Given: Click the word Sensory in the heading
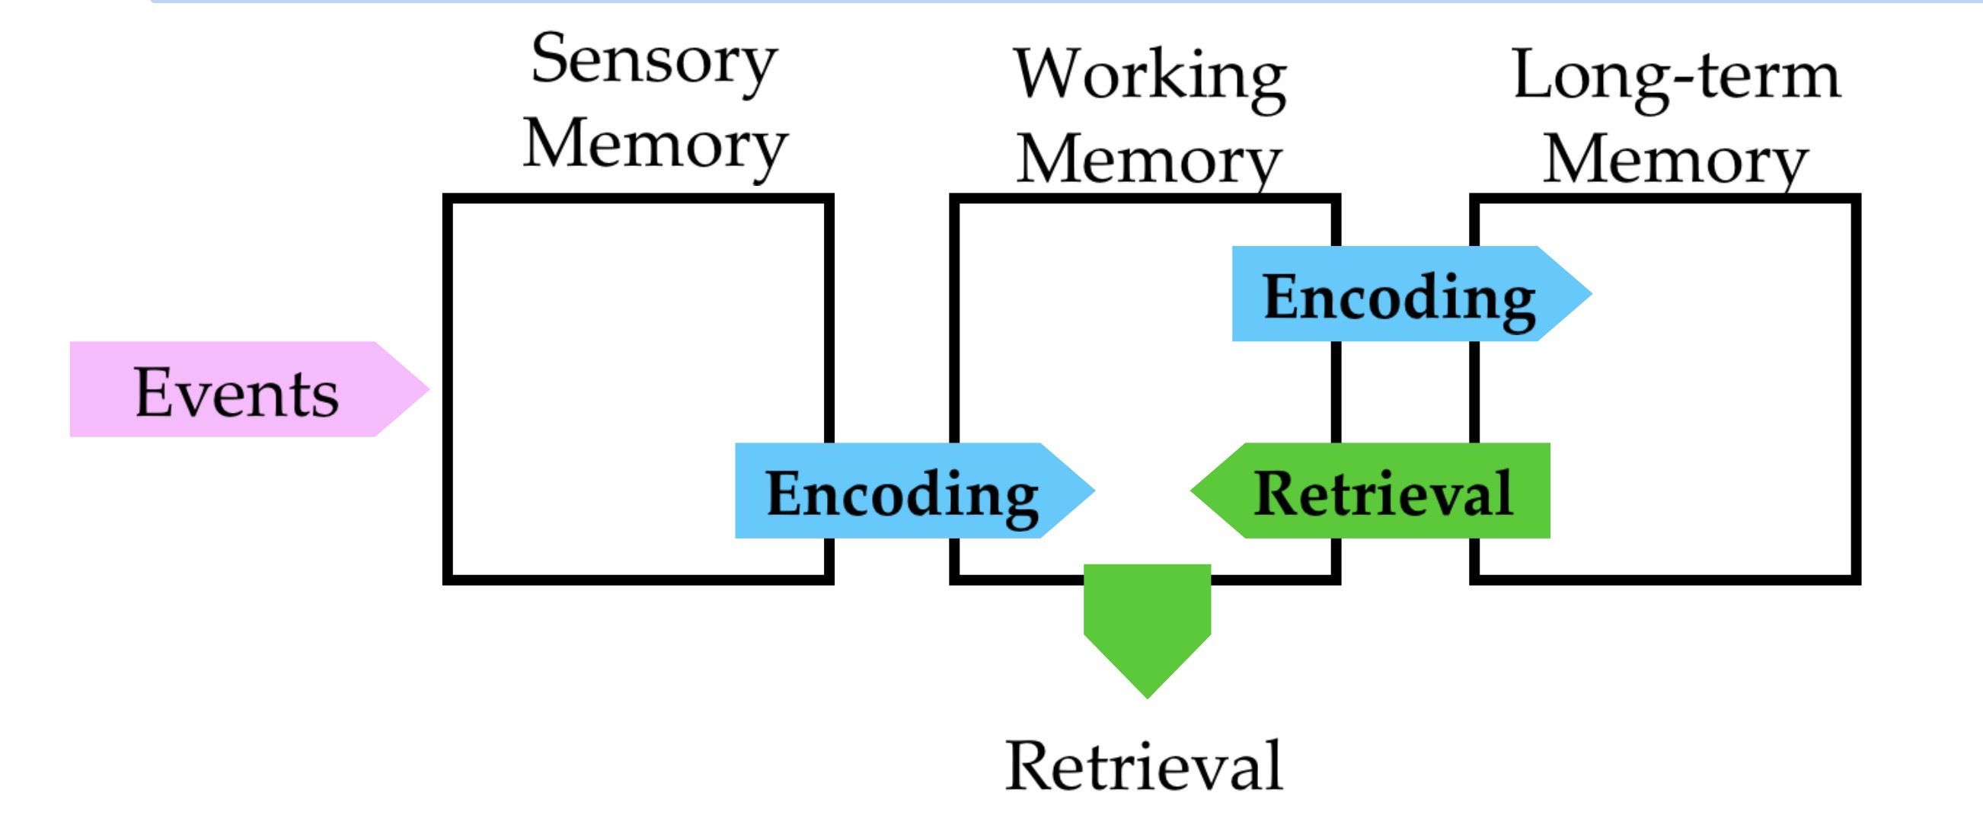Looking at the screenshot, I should click(x=653, y=62).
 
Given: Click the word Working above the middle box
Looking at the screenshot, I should click(x=1149, y=76).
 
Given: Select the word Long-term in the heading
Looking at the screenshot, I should click(x=1677, y=76).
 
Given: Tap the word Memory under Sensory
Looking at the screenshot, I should click(x=655, y=145).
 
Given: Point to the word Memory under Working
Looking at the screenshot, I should click(x=1148, y=161).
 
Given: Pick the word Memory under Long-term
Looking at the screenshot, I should click(x=1676, y=161).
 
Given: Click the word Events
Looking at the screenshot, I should click(x=236, y=394).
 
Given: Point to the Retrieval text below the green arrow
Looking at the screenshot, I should click(x=1145, y=766).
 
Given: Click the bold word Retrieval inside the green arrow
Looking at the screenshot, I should click(x=1384, y=494).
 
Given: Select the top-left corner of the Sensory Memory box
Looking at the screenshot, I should click(x=448, y=199).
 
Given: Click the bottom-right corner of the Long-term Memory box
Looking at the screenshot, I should click(x=1855, y=579).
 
